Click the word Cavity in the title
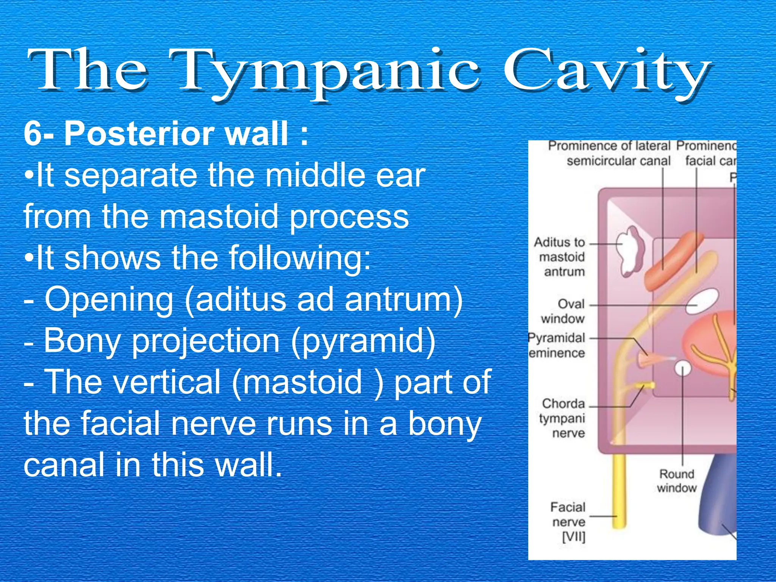pyautogui.click(x=606, y=72)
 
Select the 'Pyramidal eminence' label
pyautogui.click(x=557, y=345)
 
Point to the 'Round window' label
pyautogui.click(x=677, y=480)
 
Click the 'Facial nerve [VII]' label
pyautogui.click(x=568, y=522)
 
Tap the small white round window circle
pyautogui.click(x=683, y=368)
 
